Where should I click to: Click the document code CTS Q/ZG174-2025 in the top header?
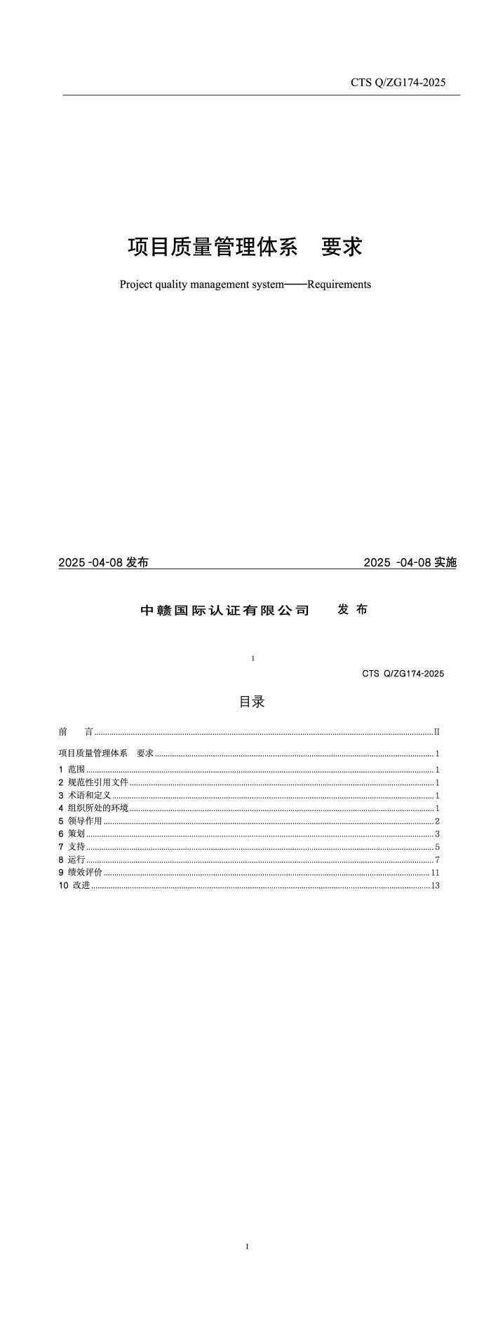click(398, 83)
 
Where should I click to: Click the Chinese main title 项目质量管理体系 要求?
click(245, 247)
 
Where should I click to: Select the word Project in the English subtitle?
click(136, 285)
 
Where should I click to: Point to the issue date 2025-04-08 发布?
click(103, 562)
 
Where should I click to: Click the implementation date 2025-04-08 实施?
click(410, 562)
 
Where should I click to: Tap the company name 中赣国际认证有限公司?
click(225, 610)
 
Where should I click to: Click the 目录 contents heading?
click(252, 702)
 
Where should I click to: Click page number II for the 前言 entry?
click(436, 732)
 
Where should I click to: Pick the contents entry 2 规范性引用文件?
click(93, 782)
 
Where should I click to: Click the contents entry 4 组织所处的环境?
click(93, 808)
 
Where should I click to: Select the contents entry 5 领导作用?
click(81, 821)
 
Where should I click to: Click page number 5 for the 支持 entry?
click(437, 847)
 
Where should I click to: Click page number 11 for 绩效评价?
click(435, 873)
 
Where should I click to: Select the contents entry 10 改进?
click(75, 885)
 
